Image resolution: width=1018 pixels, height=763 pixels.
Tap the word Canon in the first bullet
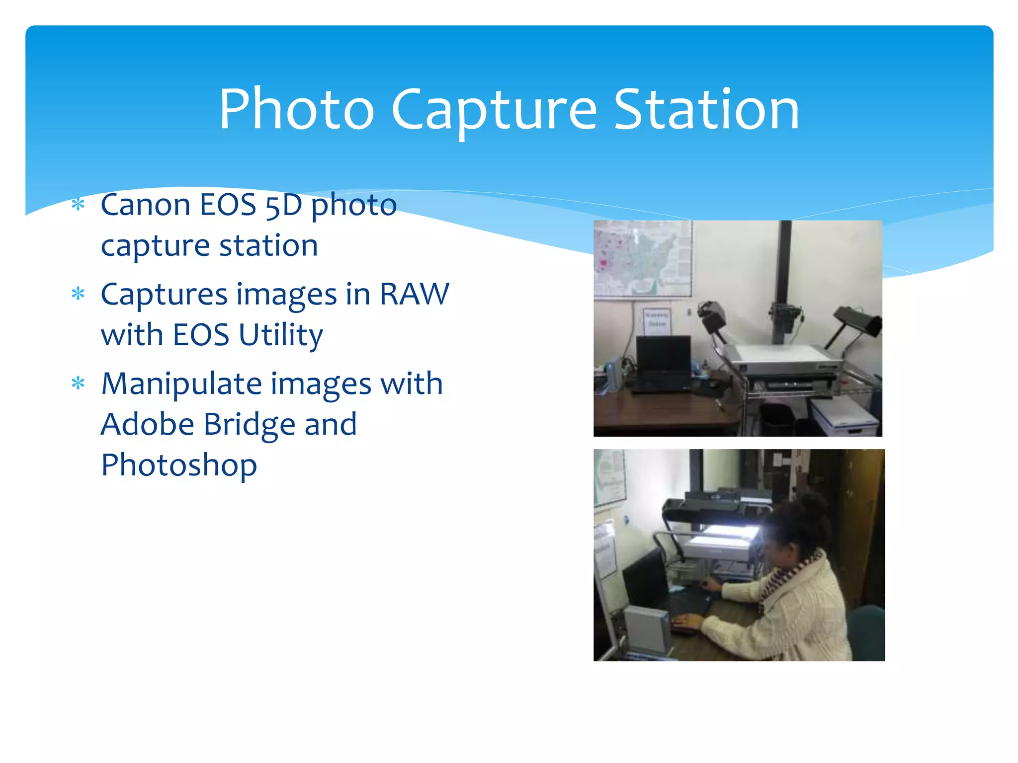click(x=145, y=205)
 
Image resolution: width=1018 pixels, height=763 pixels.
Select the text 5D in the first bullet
click(x=283, y=206)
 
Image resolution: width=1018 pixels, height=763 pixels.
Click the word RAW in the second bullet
click(x=414, y=294)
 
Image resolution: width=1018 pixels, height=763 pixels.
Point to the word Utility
click(x=281, y=335)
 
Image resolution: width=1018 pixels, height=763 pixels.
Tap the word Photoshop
click(x=179, y=465)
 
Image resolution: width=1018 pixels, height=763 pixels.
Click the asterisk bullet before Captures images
click(x=78, y=294)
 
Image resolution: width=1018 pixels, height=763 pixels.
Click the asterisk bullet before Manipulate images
click(x=78, y=383)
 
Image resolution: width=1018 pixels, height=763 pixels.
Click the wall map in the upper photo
click(x=642, y=258)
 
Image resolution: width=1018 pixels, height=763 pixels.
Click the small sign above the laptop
click(x=657, y=319)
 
